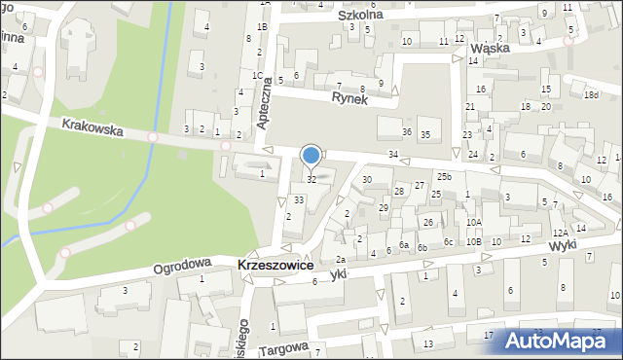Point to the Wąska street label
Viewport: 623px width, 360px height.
tap(491, 47)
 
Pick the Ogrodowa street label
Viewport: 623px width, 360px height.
tap(182, 263)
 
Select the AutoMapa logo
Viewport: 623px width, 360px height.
tap(556, 339)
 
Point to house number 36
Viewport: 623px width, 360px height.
tap(407, 132)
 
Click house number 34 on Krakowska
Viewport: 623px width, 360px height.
tap(393, 156)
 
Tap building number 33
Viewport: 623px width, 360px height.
tap(299, 199)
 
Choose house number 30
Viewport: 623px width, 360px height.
tap(367, 179)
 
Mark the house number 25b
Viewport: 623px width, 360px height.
tap(444, 176)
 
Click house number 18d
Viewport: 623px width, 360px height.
tap(591, 95)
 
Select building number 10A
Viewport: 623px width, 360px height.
tap(473, 223)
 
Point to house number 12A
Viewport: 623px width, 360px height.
tap(560, 233)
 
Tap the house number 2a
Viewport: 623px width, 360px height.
tap(340, 259)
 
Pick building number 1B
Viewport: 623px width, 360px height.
tap(262, 26)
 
